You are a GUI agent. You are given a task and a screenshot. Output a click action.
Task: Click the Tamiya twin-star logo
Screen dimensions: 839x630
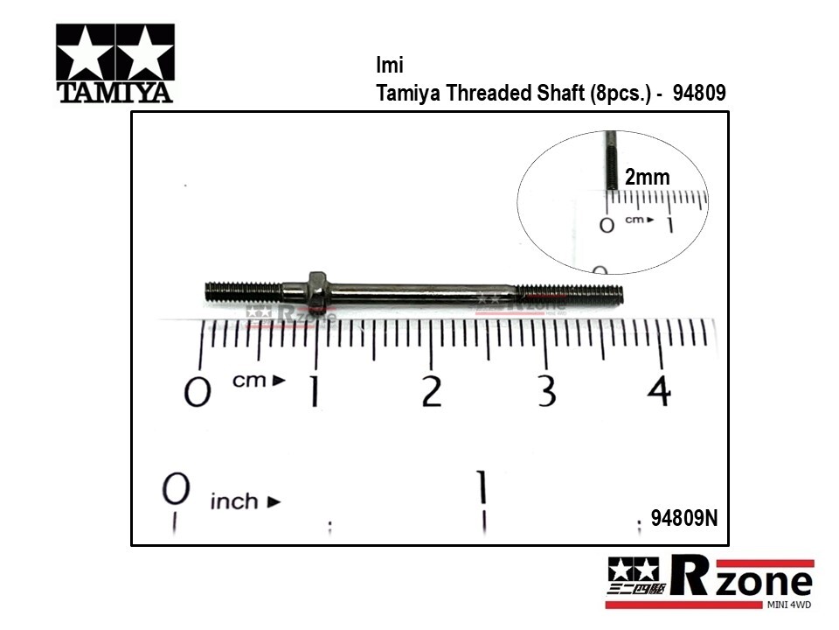pyautogui.click(x=115, y=63)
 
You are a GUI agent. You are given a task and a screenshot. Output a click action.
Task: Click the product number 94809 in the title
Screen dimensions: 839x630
pyautogui.click(x=699, y=93)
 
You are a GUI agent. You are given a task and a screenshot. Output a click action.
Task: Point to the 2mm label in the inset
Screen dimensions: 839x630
pyautogui.click(x=648, y=177)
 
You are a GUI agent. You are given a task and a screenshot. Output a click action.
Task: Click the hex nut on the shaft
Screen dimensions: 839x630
pyautogui.click(x=318, y=290)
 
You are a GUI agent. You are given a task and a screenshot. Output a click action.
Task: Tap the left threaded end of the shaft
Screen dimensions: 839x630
pyautogui.click(x=244, y=292)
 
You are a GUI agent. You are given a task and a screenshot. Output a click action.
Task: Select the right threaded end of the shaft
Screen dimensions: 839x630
pyautogui.click(x=569, y=295)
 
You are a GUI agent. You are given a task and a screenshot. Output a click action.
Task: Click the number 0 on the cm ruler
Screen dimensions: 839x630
pyautogui.click(x=198, y=392)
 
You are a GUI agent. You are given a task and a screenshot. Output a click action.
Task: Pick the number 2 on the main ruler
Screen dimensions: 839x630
pyautogui.click(x=432, y=391)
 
